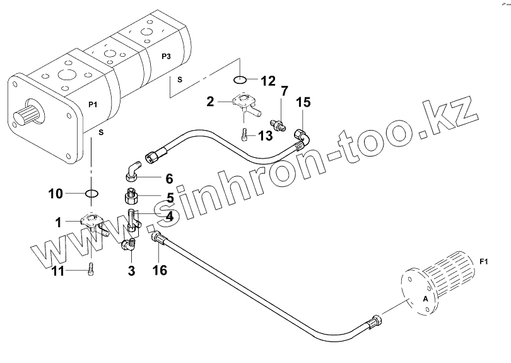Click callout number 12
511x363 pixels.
[267, 81]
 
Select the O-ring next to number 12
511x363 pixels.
[240, 80]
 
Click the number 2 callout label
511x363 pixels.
[211, 100]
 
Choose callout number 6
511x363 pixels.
[168, 179]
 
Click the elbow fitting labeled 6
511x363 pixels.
[132, 170]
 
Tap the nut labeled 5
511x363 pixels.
[131, 196]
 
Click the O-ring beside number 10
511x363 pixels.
[91, 193]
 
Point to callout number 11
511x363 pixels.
[57, 271]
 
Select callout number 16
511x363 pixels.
[159, 271]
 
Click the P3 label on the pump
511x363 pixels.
[166, 57]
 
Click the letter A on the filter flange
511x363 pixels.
[425, 299]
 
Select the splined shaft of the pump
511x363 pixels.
[24, 117]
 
